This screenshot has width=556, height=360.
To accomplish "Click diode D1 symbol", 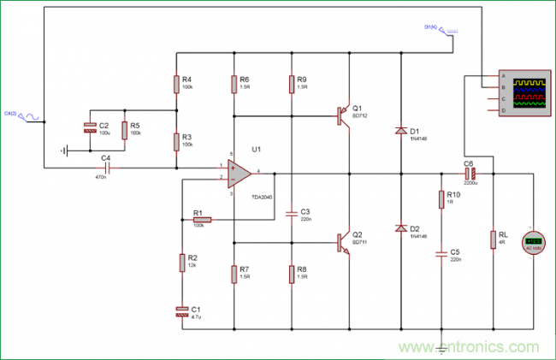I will coord(399,131).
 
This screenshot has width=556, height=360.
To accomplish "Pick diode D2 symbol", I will coord(399,228).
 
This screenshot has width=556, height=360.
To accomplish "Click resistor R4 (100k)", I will coord(175,84).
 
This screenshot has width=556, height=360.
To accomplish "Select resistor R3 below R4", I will coord(175,140).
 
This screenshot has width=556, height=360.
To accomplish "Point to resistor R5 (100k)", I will coord(125,130).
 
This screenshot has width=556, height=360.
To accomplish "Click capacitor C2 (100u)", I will coord(89,127).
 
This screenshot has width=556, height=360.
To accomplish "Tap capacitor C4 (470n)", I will coord(106,168).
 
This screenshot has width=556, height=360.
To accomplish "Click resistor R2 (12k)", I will coord(181,262).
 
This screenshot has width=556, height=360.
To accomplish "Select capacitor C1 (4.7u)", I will coord(181,310).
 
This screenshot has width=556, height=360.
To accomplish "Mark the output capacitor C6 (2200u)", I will coord(468,174).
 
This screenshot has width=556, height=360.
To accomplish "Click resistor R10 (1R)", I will coord(442,199).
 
